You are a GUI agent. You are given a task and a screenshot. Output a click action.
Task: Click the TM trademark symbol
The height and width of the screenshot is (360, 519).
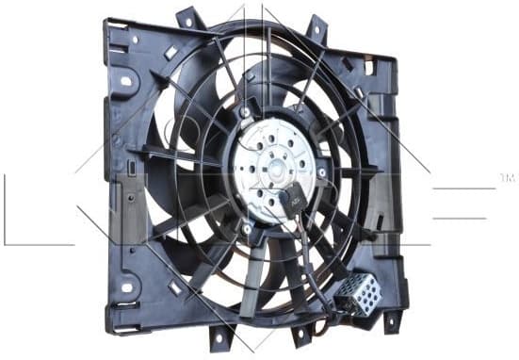pyautogui.click(x=506, y=176)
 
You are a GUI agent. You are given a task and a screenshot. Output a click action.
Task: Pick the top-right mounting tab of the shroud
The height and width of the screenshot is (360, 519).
pyautogui.click(x=317, y=28)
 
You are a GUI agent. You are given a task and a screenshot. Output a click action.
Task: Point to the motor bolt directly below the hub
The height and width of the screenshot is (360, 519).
pyautogui.click(x=247, y=228)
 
